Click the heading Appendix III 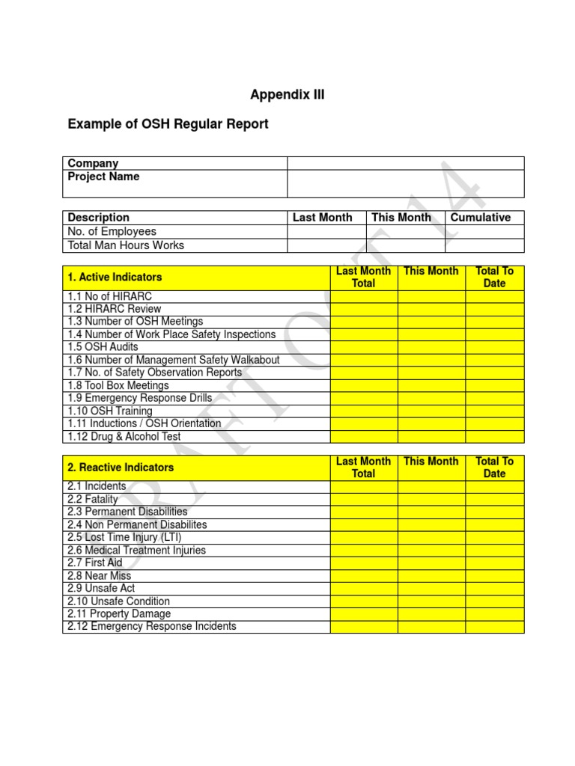point(287,95)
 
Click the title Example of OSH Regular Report point(168,124)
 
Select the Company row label point(93,163)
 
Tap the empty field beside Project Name point(405,183)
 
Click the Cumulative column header point(481,218)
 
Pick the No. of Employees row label point(112,232)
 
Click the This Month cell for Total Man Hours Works point(405,245)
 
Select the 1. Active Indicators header point(115,278)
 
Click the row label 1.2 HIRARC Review point(114,309)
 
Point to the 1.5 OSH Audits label point(103,347)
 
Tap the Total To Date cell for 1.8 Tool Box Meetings point(494,385)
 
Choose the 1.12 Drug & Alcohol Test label point(124,436)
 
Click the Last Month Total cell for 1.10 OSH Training point(363,411)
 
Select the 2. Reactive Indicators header point(121,468)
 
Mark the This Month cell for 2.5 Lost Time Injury point(431,537)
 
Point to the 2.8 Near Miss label point(99,576)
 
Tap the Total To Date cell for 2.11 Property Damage point(494,614)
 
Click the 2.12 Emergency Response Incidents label point(151,626)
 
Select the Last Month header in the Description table point(322,218)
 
